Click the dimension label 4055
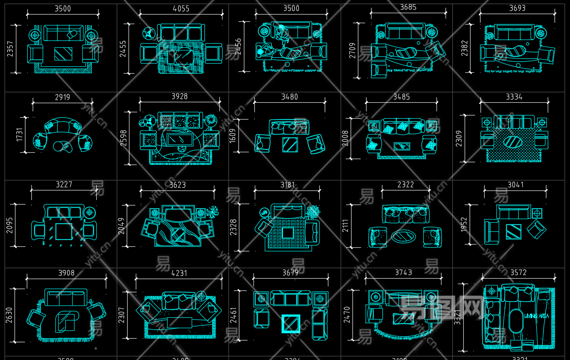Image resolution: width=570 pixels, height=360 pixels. click(181, 9)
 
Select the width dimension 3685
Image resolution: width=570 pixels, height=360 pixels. click(408, 7)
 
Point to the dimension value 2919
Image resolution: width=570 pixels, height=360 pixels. click(63, 97)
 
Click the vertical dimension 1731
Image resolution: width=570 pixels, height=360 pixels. click(20, 134)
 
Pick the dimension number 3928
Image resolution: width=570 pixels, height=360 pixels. click(179, 97)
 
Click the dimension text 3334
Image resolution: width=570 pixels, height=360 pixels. click(514, 97)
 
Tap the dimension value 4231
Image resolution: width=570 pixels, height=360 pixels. click(180, 273)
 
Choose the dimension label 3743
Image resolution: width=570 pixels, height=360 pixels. click(403, 273)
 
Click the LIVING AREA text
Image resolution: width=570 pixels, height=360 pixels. click(537, 316)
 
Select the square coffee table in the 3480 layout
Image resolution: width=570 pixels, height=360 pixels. click(289, 145)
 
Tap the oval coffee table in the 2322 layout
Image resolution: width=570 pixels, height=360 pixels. click(403, 236)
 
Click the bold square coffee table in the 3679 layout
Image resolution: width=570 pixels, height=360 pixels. click(291, 324)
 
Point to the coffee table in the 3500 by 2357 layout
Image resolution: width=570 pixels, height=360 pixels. click(63, 54)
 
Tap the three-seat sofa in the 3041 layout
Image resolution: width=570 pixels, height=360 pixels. click(513, 212)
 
